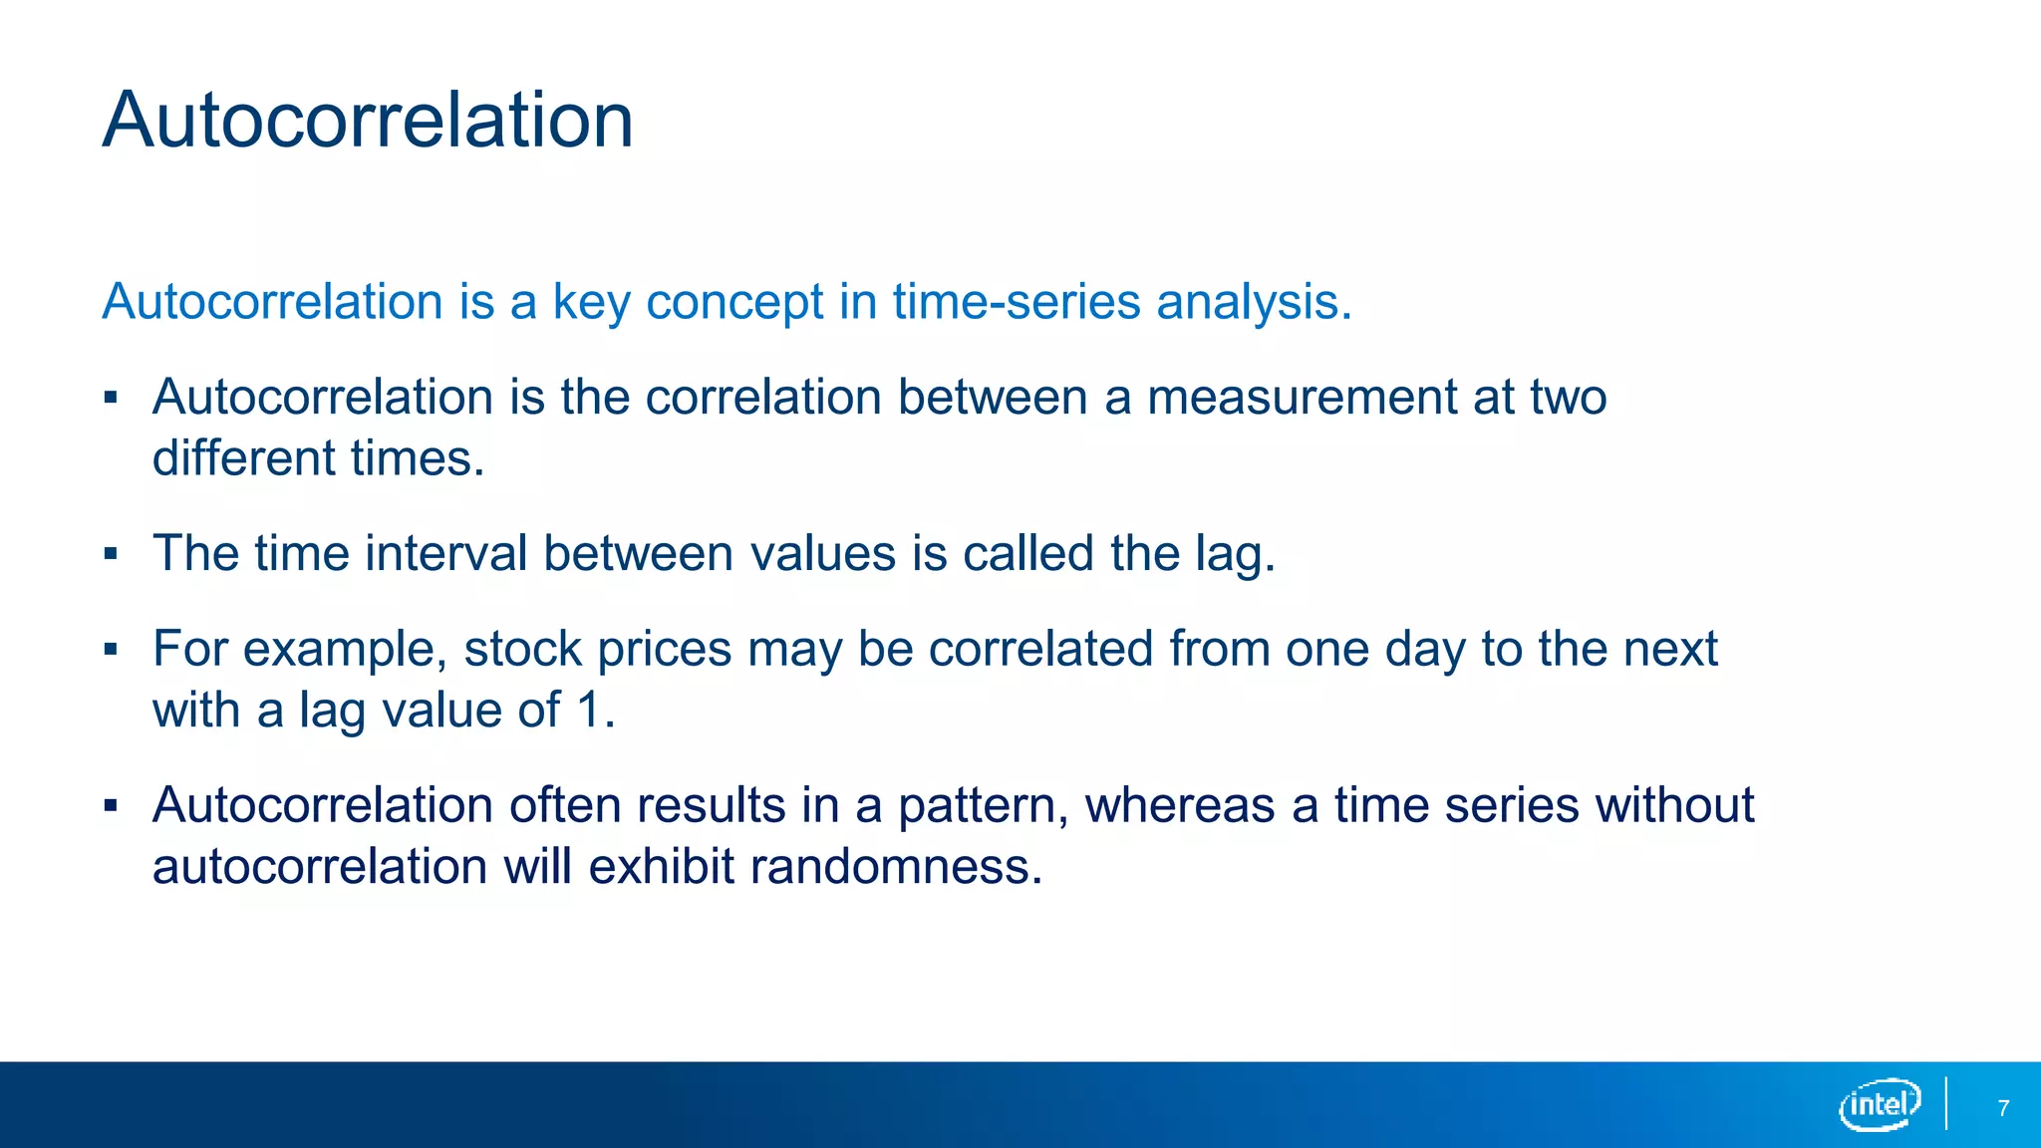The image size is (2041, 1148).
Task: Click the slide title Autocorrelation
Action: click(367, 120)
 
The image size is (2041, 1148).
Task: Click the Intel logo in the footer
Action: click(1879, 1104)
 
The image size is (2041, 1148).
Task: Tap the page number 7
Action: click(2003, 1108)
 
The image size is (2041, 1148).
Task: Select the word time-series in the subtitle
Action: click(1016, 302)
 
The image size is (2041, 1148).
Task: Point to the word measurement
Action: click(1302, 398)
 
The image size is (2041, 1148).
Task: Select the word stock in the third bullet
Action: click(522, 649)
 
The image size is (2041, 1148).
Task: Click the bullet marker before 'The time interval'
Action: click(111, 554)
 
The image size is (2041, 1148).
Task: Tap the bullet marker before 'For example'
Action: click(111, 650)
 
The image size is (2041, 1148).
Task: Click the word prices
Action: click(664, 650)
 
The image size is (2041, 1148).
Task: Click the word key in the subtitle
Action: click(591, 302)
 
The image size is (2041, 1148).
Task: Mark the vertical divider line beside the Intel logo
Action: click(1945, 1103)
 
